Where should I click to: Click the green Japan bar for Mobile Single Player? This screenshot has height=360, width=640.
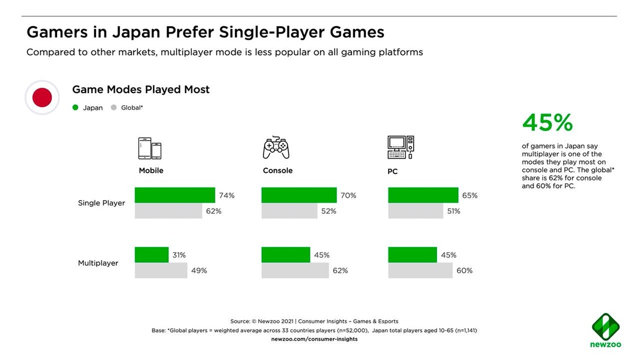click(175, 195)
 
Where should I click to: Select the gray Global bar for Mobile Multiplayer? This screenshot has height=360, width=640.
click(161, 270)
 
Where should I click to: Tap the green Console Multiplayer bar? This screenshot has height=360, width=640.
click(286, 255)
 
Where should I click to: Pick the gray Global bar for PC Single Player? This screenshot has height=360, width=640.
click(415, 211)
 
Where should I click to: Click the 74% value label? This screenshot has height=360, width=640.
click(227, 195)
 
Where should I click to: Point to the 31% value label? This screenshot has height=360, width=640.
click(179, 255)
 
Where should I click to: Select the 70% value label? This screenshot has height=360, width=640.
click(349, 195)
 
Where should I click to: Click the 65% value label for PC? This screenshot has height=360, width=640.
click(470, 195)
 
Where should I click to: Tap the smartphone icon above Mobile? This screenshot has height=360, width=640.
click(150, 148)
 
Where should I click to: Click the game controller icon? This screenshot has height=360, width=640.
click(276, 148)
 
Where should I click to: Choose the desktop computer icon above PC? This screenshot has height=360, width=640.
click(400, 147)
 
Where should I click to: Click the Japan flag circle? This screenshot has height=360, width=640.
click(42, 97)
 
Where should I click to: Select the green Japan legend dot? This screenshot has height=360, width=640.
click(75, 108)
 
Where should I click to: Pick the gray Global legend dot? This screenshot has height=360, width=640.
click(113, 108)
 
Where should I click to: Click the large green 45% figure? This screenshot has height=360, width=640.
click(547, 123)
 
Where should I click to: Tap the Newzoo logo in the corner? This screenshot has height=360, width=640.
click(606, 330)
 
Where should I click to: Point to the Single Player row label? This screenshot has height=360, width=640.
click(101, 203)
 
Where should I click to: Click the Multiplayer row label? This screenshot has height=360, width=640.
click(98, 263)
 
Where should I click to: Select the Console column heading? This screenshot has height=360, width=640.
click(278, 171)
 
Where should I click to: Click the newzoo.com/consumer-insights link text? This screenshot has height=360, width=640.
click(314, 339)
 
